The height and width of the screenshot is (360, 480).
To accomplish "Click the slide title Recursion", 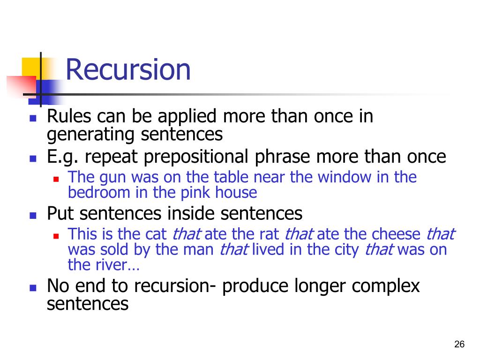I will pyautogui.click(x=128, y=70).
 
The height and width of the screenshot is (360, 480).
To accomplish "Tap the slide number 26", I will pyautogui.click(x=459, y=345).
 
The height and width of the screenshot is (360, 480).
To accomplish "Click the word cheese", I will pyautogui.click(x=397, y=234).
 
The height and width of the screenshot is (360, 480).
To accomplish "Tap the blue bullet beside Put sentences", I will pyautogui.click(x=33, y=216).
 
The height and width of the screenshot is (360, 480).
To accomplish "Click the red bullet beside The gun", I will pyautogui.click(x=55, y=179).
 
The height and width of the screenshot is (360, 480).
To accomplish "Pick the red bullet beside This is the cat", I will pyautogui.click(x=55, y=235).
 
